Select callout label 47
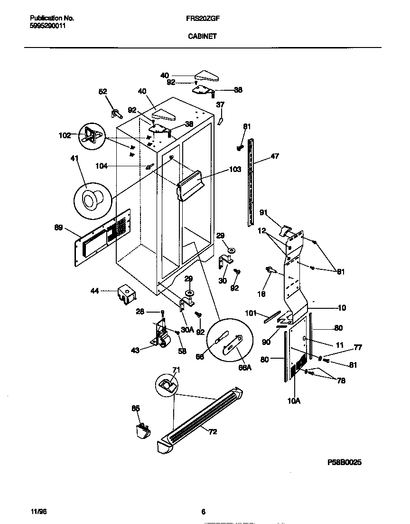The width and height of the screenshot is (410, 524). (275, 156)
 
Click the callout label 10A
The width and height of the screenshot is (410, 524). (294, 401)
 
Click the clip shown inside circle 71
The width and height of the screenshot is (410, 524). (167, 383)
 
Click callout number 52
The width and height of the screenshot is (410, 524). (103, 92)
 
